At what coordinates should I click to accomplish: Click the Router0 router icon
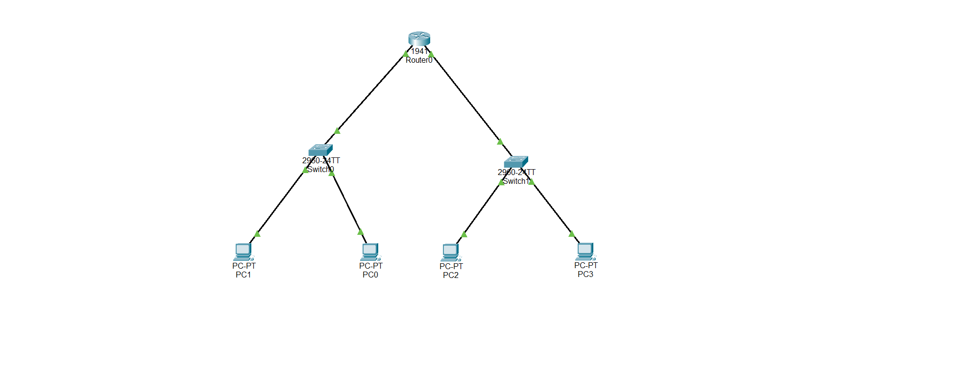point(419,38)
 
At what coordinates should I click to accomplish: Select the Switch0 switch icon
point(320,150)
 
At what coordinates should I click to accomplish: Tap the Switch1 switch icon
point(516,162)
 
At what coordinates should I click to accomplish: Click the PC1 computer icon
point(243,251)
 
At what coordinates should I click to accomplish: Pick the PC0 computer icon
point(370,251)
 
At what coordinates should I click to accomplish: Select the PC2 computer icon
point(450,252)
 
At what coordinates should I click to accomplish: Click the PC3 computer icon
point(585,251)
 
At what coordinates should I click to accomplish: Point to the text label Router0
point(419,60)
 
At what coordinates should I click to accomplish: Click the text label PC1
point(243,275)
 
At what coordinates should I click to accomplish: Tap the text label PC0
point(370,275)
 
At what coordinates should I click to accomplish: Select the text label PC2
point(450,275)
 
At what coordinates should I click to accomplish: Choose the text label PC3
point(585,274)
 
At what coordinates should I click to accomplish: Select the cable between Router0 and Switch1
point(465,98)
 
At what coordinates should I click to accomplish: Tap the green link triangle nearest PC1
point(257,234)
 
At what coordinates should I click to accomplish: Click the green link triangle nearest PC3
point(571,234)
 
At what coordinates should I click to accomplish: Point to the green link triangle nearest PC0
point(360,232)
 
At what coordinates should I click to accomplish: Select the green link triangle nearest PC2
point(464,234)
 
